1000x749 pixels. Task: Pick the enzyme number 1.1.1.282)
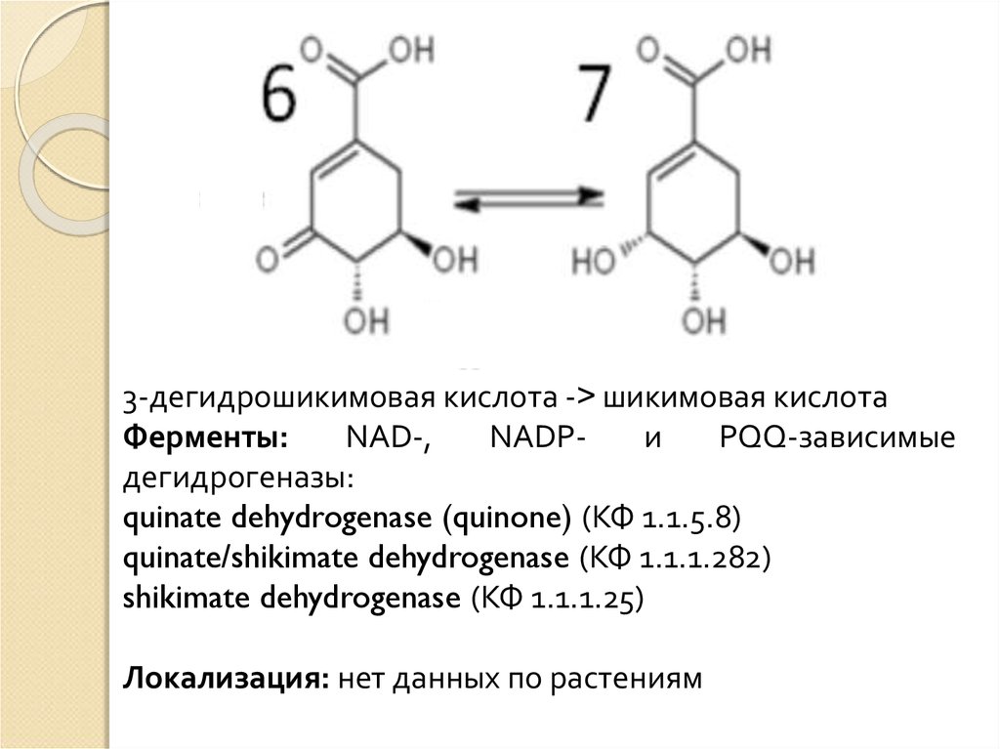[706, 558]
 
